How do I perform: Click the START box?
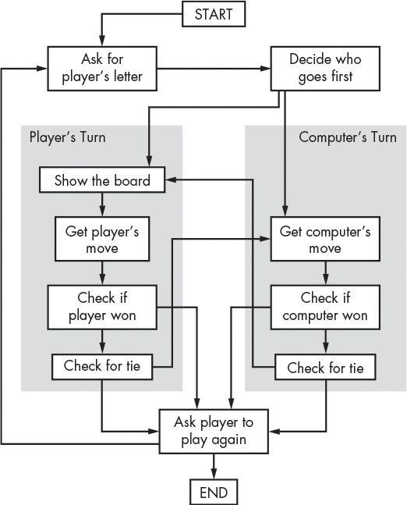pyautogui.click(x=213, y=13)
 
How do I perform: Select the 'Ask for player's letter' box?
pyautogui.click(x=101, y=68)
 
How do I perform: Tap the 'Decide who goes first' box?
pyautogui.click(x=325, y=68)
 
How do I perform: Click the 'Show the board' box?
pyautogui.click(x=102, y=181)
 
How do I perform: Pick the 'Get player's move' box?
pyautogui.click(x=102, y=239)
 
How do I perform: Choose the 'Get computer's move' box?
pyautogui.click(x=325, y=239)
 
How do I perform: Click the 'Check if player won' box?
pyautogui.click(x=102, y=307)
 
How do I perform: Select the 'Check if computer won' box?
pyautogui.click(x=325, y=307)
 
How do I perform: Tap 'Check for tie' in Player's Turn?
pyautogui.click(x=101, y=365)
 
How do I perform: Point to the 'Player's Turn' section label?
pyautogui.click(x=68, y=137)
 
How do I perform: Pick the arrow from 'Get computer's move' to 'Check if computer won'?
pyautogui.click(x=325, y=272)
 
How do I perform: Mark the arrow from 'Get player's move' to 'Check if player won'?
pyautogui.click(x=102, y=272)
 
